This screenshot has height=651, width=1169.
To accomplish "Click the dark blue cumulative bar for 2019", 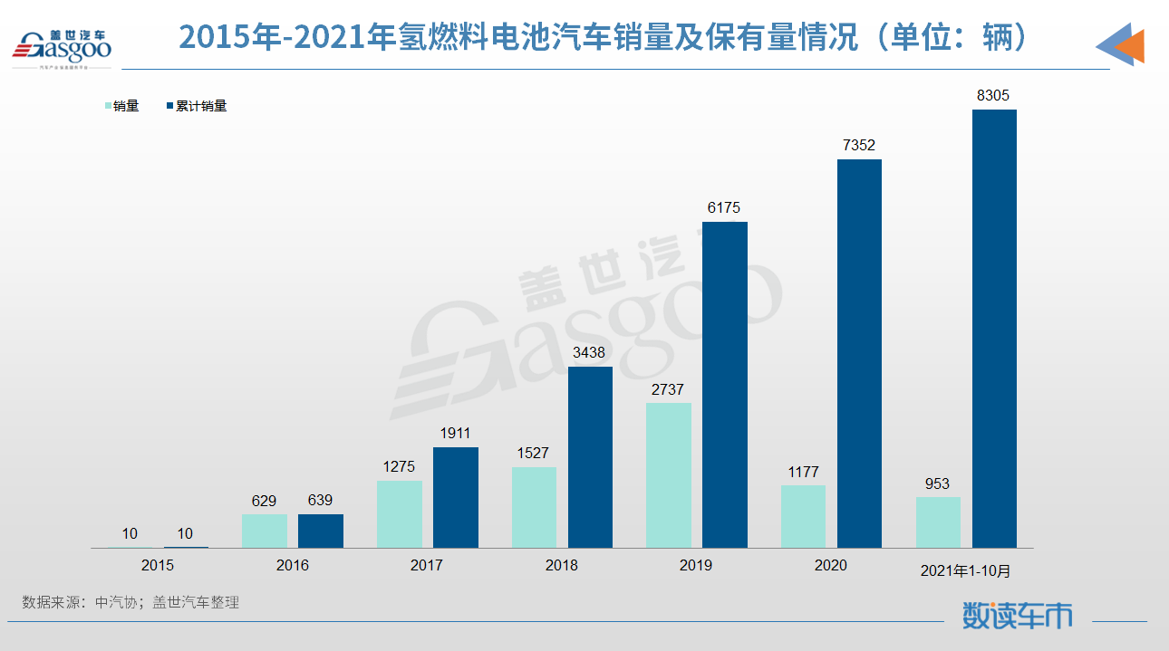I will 725,385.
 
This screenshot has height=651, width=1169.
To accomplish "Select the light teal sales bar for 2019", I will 669,475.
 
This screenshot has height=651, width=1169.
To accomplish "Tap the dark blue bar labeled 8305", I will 994,328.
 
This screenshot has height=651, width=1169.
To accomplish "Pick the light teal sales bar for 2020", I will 803,516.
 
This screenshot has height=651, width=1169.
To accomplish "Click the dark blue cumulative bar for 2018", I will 590,457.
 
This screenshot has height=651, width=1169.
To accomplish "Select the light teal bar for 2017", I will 400,514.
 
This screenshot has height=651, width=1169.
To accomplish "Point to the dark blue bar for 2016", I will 321,531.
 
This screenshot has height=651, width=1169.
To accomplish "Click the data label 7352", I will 858,145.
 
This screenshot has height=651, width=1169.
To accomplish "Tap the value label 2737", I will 668,389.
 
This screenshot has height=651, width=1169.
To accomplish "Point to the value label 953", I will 937,483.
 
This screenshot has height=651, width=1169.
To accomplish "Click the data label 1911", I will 454,434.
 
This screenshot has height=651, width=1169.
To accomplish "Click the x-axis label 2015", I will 158,565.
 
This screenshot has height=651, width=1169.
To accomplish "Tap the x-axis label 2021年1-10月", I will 965,570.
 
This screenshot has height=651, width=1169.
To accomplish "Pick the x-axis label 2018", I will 561,565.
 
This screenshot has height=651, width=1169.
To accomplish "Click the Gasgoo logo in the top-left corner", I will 62,43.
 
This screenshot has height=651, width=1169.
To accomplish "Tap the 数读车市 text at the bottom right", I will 1017,616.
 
